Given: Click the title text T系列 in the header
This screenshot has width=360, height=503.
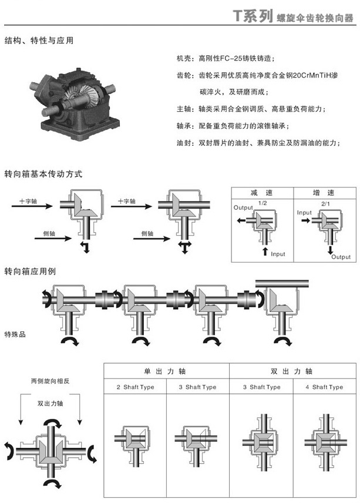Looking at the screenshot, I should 252,16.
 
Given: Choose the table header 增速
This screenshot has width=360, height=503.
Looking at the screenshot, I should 323,194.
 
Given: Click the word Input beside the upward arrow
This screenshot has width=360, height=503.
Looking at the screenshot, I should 278,254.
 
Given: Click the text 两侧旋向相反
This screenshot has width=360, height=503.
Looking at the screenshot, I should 50,381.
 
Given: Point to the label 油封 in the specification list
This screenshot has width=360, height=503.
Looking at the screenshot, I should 184,143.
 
